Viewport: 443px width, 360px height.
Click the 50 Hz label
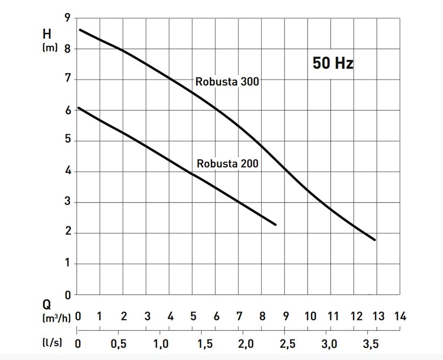click(x=333, y=63)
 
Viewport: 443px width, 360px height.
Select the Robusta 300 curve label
click(x=227, y=82)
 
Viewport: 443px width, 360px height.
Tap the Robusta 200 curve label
click(x=227, y=163)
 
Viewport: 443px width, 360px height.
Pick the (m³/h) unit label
click(x=56, y=317)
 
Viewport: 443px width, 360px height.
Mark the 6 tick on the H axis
click(x=68, y=110)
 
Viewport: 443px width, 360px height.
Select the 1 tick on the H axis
click(x=68, y=264)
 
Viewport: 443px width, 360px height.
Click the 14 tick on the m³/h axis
click(x=400, y=316)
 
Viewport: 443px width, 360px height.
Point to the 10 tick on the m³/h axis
click(x=310, y=316)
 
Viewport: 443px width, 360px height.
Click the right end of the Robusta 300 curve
click(x=375, y=240)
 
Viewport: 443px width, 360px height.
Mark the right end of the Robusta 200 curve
click(x=275, y=224)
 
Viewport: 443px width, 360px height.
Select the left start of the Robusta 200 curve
click(x=78, y=108)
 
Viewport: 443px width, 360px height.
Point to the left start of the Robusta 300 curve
click(x=80, y=30)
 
